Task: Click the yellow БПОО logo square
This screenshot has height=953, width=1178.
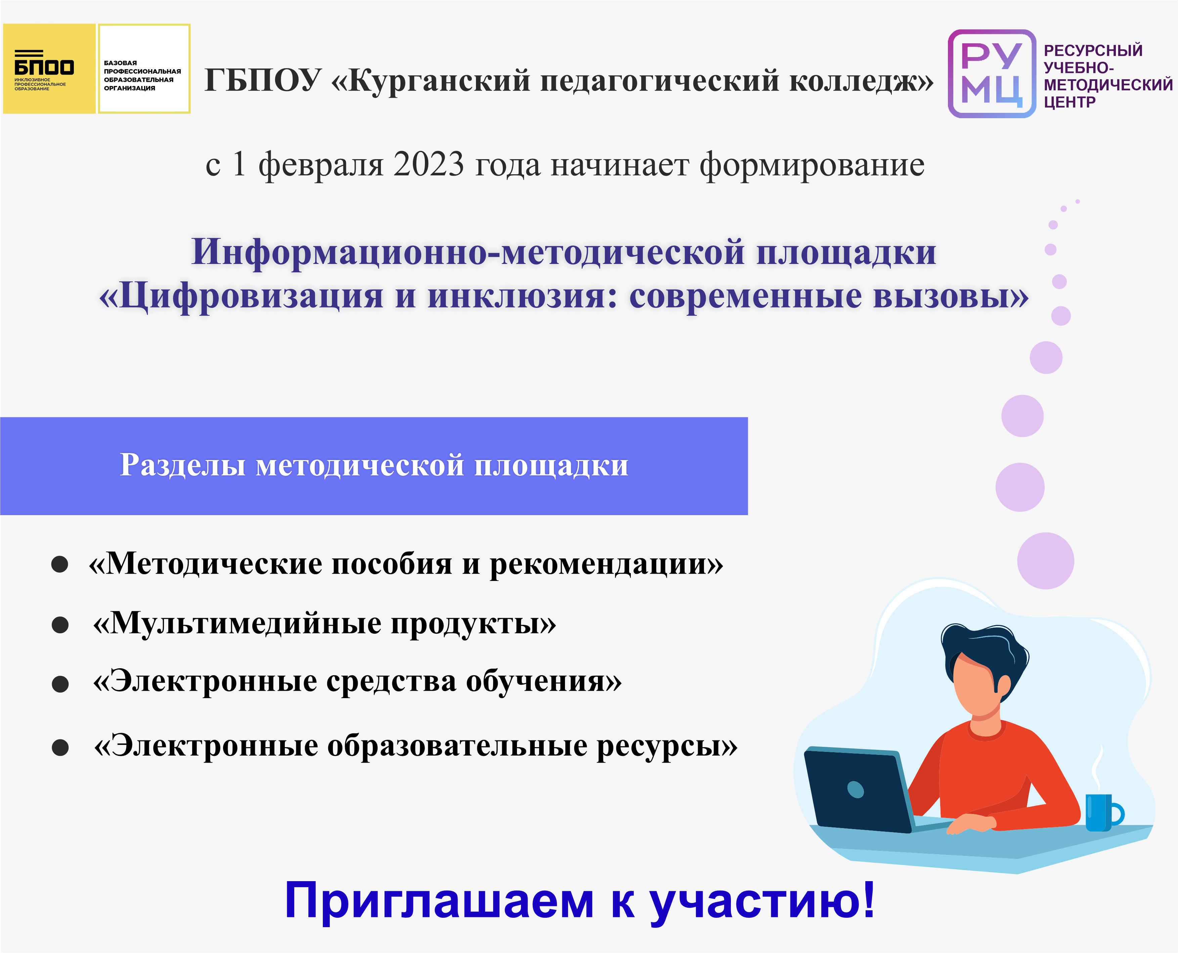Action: (x=49, y=69)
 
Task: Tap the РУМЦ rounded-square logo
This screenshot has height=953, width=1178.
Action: (x=992, y=74)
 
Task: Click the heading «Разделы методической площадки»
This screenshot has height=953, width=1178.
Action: (x=374, y=465)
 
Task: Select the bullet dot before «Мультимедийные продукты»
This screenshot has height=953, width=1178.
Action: (x=60, y=625)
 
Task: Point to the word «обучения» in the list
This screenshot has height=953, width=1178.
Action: (x=535, y=682)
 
